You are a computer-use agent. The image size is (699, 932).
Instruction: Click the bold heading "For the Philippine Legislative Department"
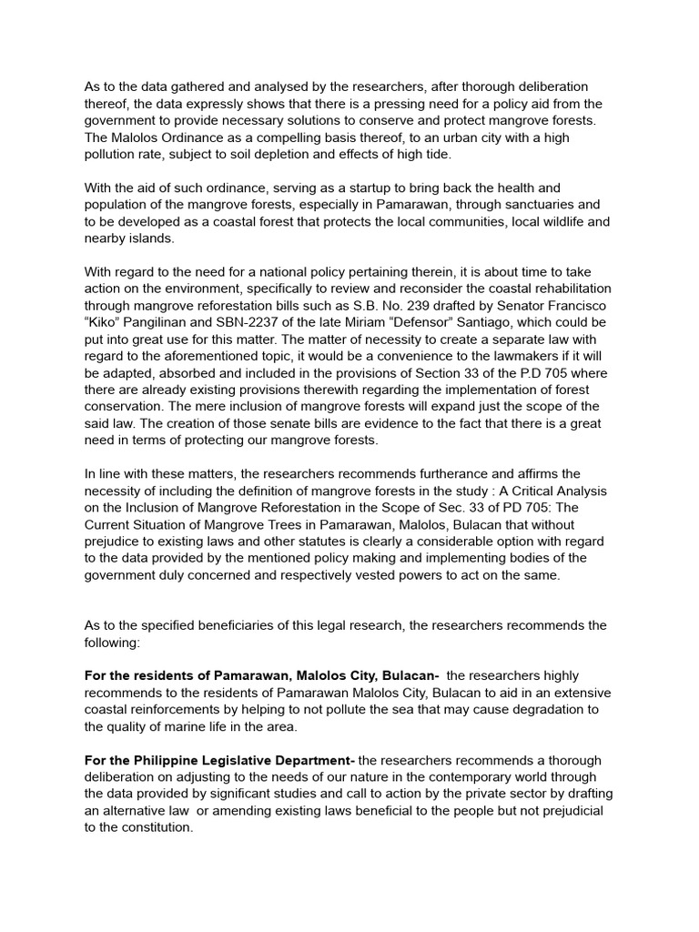pos(221,760)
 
